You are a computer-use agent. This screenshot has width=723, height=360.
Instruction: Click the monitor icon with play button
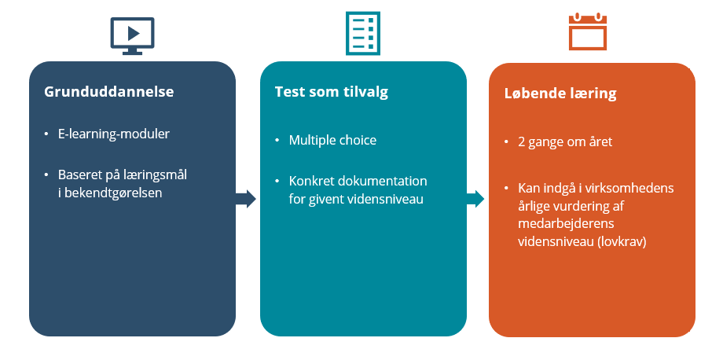(132, 35)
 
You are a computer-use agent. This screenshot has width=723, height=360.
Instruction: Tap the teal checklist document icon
(363, 33)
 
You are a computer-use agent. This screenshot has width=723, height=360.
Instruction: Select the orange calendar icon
(588, 31)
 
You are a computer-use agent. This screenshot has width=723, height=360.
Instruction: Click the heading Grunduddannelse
(108, 91)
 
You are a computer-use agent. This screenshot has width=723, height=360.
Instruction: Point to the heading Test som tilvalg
(332, 92)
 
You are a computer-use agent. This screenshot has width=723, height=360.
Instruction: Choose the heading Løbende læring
(560, 94)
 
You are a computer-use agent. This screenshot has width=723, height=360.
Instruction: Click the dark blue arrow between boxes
(246, 199)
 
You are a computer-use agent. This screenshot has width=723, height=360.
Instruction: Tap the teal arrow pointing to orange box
(475, 199)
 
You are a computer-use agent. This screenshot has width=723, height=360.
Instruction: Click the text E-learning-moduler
(114, 134)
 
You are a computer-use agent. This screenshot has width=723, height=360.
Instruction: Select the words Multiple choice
(332, 140)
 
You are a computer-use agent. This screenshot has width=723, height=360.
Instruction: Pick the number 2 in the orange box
(522, 141)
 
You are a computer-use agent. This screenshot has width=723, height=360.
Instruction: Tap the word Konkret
(308, 181)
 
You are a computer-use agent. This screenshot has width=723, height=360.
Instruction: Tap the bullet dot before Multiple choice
(277, 140)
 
